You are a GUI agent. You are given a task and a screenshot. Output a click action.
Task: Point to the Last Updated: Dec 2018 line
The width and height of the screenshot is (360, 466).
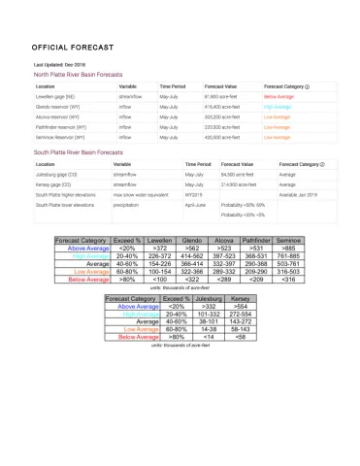[60, 65]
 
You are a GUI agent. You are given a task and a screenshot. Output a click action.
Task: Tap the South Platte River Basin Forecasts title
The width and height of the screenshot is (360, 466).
[79, 153]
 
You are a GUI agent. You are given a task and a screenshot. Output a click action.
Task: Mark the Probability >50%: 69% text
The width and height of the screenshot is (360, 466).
[243, 206]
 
